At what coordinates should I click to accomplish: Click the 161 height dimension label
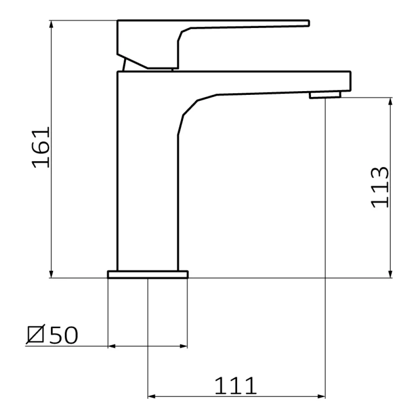41,147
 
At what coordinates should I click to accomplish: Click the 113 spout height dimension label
380,187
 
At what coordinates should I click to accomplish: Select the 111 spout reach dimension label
235,385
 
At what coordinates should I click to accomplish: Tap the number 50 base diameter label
64,335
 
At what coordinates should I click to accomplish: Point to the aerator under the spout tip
325,95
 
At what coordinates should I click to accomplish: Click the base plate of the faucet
148,275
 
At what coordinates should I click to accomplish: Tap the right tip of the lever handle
308,23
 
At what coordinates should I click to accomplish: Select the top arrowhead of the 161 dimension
51,24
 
